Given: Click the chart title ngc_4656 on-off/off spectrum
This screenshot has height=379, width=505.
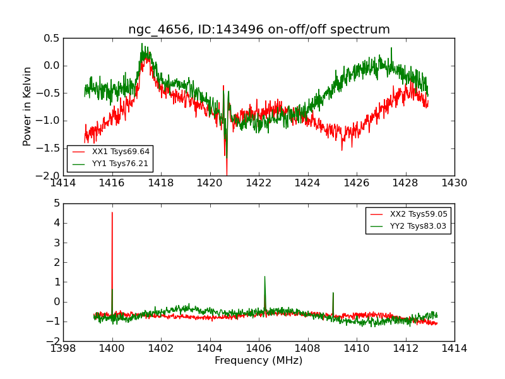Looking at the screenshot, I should click(259, 30).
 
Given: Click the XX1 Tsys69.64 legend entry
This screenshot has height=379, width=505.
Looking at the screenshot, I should click(121, 152).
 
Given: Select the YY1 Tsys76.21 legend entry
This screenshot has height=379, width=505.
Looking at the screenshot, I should click(121, 163).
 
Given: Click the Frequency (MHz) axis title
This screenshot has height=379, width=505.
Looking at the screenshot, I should click(259, 361).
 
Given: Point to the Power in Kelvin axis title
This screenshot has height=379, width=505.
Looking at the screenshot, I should click(27, 106).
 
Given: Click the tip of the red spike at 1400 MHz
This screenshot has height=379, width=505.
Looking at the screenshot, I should click(112, 213).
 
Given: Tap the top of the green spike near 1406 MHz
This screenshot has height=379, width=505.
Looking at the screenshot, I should click(264, 277).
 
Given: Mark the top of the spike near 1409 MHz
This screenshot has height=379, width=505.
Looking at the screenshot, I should click(333, 293).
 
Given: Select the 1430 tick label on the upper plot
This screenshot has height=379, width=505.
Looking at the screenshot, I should click(454, 184).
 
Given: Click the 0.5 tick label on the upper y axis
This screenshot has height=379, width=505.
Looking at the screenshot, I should click(52, 38).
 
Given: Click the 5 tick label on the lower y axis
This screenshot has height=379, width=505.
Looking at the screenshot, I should click(57, 203).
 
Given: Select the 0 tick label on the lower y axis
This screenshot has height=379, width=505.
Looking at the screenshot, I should click(57, 302).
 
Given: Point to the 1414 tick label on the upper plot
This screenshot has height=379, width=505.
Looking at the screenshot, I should click(63, 184).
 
